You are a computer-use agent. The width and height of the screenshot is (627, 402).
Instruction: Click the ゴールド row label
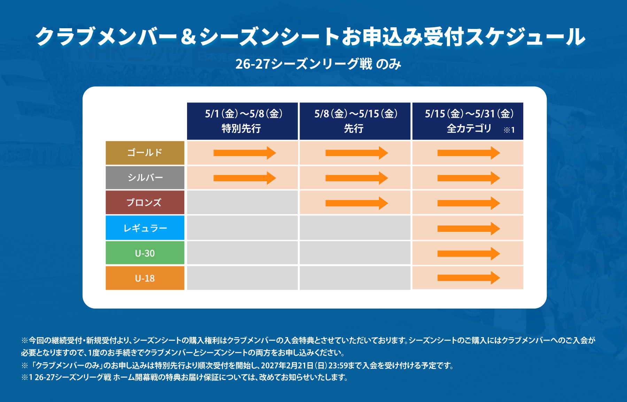point(145,153)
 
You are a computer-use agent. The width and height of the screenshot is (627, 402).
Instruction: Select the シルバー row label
point(145,178)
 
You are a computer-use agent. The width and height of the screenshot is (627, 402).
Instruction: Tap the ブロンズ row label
point(145,202)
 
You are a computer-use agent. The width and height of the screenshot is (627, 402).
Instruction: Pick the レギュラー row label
point(145,228)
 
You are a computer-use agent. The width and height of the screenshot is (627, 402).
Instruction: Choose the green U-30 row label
point(145,253)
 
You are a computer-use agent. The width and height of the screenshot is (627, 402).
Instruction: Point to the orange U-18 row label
point(145,278)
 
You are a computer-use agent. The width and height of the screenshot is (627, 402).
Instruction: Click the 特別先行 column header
point(242,121)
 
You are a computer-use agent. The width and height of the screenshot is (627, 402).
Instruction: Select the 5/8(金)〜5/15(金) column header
point(355,121)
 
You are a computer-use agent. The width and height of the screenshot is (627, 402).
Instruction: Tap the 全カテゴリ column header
point(468,121)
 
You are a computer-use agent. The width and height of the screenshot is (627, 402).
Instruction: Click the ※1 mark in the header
point(509,130)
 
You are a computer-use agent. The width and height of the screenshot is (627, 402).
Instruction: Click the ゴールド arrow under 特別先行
point(245,153)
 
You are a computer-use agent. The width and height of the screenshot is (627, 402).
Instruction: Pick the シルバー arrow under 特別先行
point(245,178)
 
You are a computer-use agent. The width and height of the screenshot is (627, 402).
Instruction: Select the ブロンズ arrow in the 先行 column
point(357,203)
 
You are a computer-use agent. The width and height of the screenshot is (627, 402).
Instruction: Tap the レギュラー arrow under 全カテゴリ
point(469,229)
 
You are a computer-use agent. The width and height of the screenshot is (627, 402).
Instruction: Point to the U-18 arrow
point(469,278)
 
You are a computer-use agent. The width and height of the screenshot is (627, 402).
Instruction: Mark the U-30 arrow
point(469,254)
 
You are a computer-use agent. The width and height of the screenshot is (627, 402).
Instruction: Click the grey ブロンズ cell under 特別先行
point(242,202)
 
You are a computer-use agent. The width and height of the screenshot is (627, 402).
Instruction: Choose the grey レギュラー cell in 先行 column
point(355,228)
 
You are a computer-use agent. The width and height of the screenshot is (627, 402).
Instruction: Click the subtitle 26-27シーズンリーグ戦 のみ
point(318,64)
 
